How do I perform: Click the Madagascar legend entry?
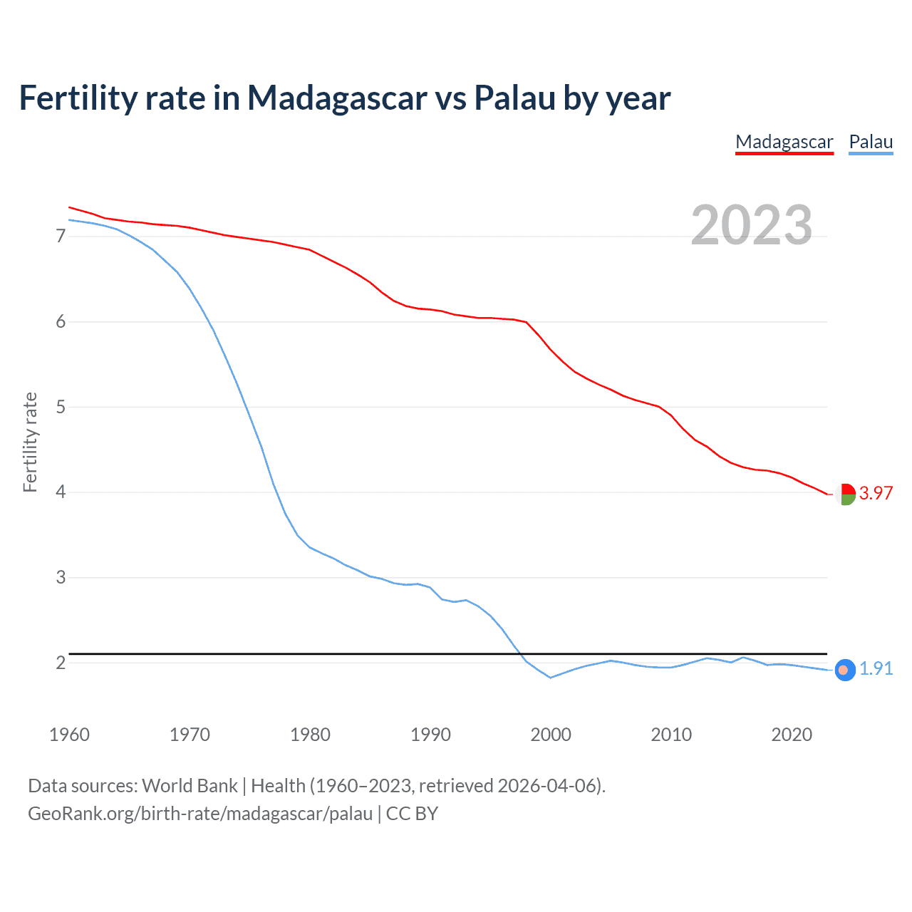pyautogui.click(x=784, y=142)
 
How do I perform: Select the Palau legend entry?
pyautogui.click(x=871, y=142)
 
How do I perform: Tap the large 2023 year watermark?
pyautogui.click(x=752, y=225)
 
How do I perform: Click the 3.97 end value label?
pyautogui.click(x=876, y=493)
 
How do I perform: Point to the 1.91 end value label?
pyautogui.click(x=876, y=668)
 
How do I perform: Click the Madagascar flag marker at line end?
pyautogui.click(x=845, y=494)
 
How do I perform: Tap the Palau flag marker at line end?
pyautogui.click(x=844, y=670)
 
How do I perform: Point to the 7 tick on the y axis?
pyautogui.click(x=61, y=236)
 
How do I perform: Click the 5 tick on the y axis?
pyautogui.click(x=61, y=407)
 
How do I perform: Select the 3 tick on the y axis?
pyautogui.click(x=61, y=577)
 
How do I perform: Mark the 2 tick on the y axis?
pyautogui.click(x=61, y=663)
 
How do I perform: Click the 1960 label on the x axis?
pyautogui.click(x=69, y=735)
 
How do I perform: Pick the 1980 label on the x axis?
pyautogui.click(x=310, y=735)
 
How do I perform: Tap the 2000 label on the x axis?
pyautogui.click(x=551, y=735)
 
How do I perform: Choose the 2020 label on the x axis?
pyautogui.click(x=792, y=735)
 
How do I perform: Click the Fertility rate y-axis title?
pyautogui.click(x=30, y=442)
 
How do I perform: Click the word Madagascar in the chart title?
pyautogui.click(x=337, y=98)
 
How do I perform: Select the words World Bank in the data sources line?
pyautogui.click(x=190, y=786)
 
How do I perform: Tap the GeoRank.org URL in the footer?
pyautogui.click(x=200, y=814)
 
